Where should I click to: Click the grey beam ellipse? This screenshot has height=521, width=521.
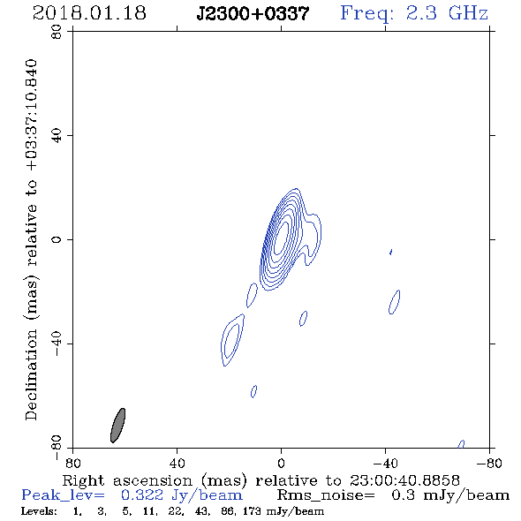tap(117, 426)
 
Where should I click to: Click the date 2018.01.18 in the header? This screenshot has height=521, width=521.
tap(89, 13)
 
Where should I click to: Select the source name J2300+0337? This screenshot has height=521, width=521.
tap(253, 13)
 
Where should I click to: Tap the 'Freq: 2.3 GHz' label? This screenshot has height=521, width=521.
tap(414, 13)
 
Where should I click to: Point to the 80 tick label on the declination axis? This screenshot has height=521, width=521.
tap(57, 32)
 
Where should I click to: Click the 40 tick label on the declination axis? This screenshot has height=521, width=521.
tap(57, 136)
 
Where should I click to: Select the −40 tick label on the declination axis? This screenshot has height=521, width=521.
tap(57, 344)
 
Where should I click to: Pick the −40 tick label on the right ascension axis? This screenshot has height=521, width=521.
tap(385, 464)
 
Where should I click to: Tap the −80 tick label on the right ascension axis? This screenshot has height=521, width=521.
tap(489, 464)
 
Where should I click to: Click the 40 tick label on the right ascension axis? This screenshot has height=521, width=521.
tap(177, 464)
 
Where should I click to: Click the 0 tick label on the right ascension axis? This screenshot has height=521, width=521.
tap(281, 464)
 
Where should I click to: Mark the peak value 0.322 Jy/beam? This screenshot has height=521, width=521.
tap(182, 495)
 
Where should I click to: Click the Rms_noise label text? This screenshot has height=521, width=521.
tap(326, 495)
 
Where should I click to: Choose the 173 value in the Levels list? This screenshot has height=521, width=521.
tap(252, 511)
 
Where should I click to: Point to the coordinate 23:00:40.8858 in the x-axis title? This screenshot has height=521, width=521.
tap(404, 480)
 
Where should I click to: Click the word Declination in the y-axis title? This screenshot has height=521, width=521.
tap(31, 374)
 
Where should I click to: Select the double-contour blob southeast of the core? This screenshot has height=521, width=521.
tap(232, 340)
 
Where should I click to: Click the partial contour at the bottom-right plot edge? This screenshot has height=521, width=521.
tap(461, 444)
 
